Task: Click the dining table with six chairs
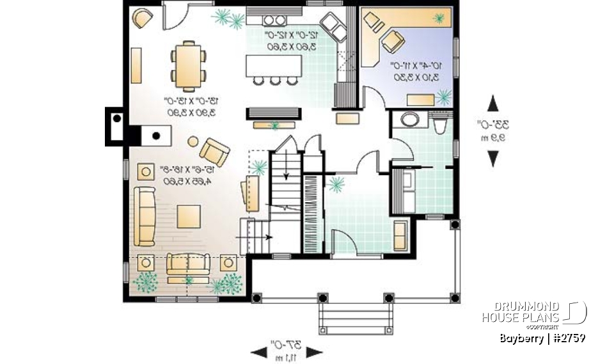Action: pos(189,65)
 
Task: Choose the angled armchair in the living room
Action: pos(214,152)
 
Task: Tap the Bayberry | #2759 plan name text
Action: pos(542,338)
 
